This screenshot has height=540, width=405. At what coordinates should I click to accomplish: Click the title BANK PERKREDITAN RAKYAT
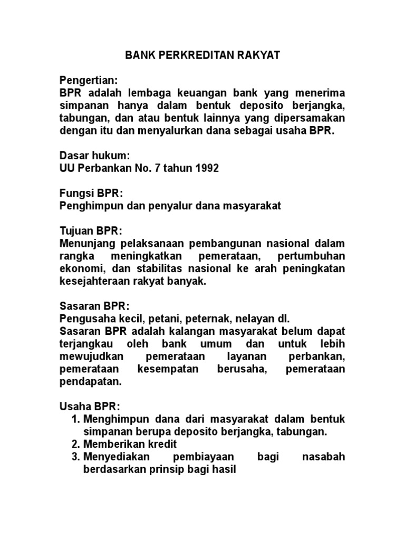(202, 55)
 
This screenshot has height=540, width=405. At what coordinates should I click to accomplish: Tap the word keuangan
(196, 93)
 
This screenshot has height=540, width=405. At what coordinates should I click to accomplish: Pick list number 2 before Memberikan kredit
(75, 445)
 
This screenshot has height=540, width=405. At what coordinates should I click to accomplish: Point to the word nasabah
(324, 457)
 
